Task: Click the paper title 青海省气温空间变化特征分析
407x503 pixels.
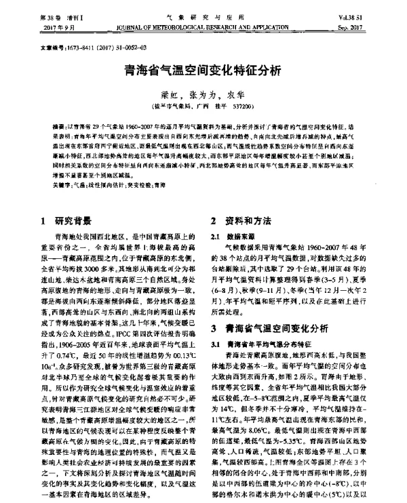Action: point(203,69)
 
